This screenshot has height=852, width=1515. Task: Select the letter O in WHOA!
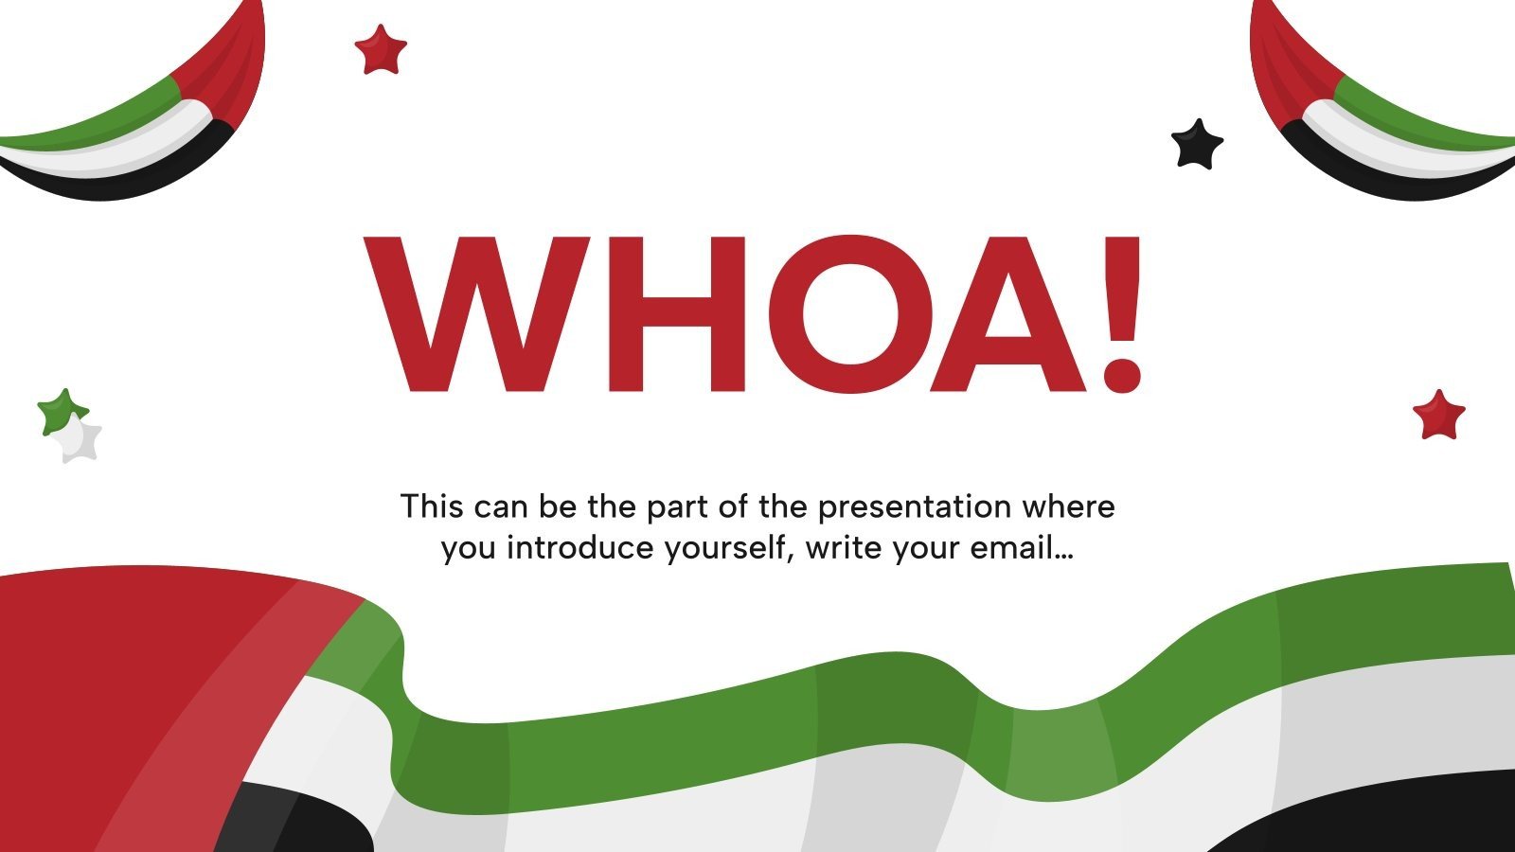pos(849,314)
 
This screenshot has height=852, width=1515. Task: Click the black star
pos(1197,145)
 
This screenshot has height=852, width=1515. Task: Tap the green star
pos(61,411)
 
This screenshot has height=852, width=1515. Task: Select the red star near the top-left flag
pos(381,50)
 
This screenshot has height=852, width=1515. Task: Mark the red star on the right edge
pos(1438,415)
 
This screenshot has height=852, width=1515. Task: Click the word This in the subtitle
pos(432,506)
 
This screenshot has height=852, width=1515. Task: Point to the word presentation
pos(915,507)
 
